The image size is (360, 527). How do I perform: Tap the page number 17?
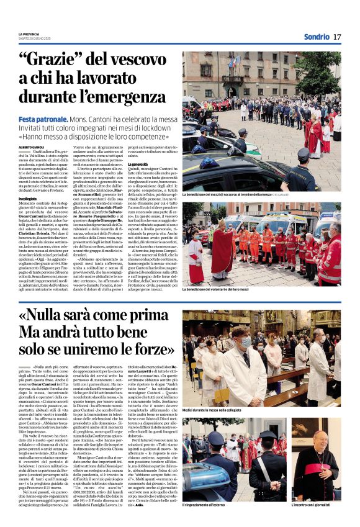[336, 37]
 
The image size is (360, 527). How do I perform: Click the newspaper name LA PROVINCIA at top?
[29, 34]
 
